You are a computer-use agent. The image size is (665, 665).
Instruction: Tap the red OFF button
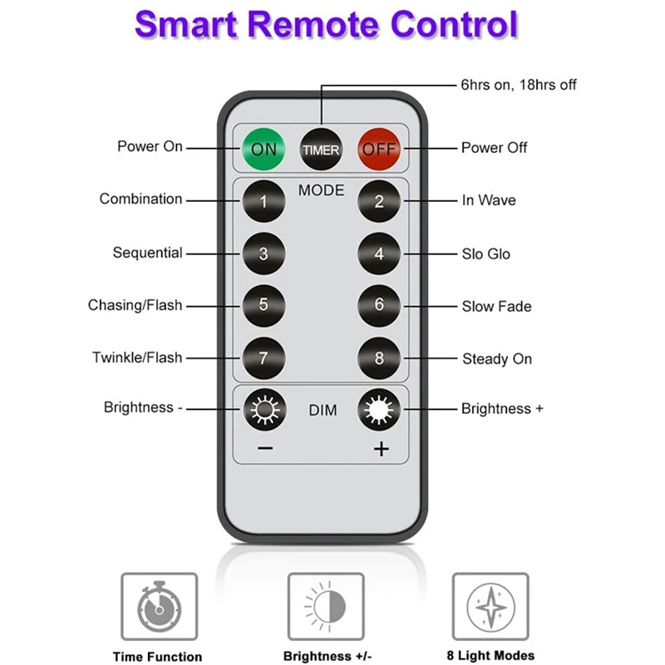point(379,150)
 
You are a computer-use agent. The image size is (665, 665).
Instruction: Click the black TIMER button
point(321,150)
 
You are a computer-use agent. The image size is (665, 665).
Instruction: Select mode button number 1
point(264,201)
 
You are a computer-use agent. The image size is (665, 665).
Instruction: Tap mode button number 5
point(264,305)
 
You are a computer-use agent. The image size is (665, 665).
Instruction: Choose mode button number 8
point(379,359)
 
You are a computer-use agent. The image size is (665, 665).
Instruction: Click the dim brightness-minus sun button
point(264,410)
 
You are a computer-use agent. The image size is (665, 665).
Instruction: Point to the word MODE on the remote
point(321,190)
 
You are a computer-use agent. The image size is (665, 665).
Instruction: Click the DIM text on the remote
point(323,411)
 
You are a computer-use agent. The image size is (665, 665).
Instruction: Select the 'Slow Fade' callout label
point(496,307)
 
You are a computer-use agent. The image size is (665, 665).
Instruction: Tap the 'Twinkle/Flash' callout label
point(137,358)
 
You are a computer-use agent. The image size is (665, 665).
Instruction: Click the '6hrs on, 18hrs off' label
point(518,85)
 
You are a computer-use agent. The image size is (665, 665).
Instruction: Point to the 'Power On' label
point(150,147)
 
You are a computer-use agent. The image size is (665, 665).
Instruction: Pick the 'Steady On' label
point(497,359)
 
